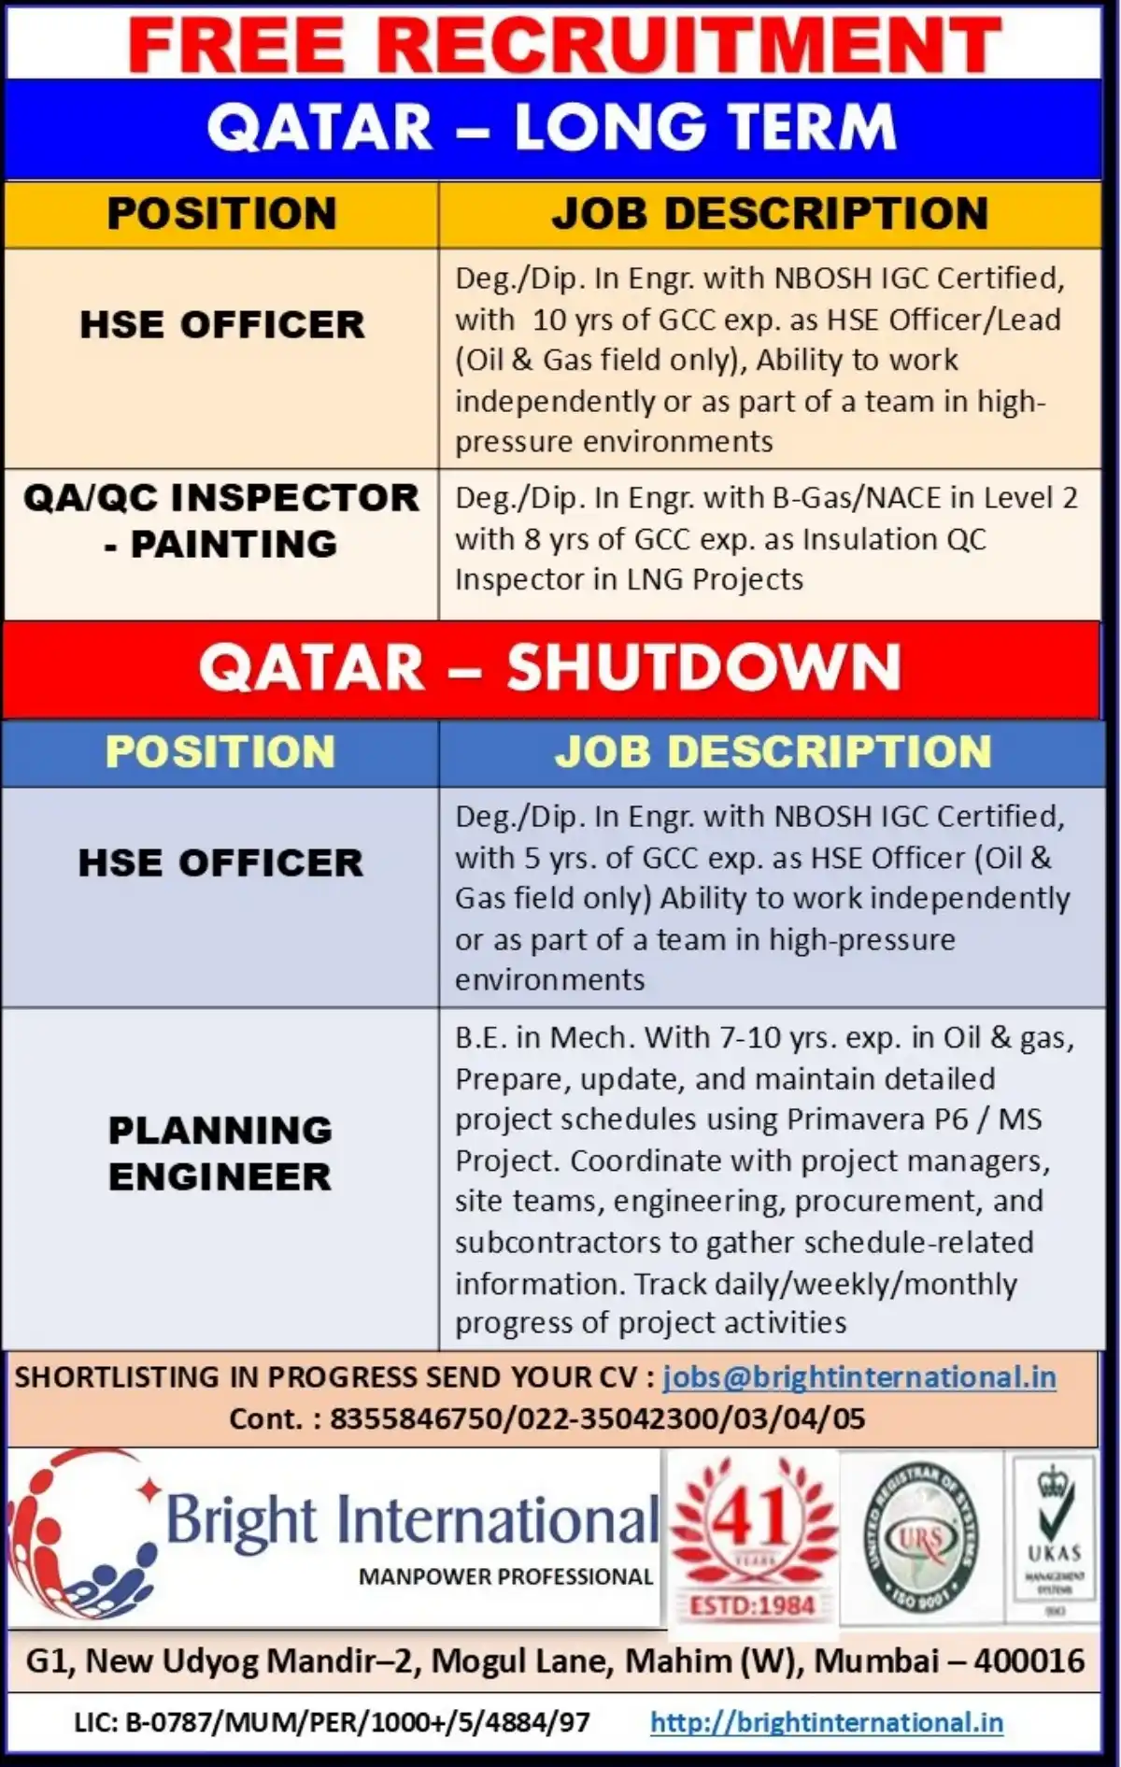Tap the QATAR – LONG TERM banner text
coord(551,128)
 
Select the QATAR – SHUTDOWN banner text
coord(550,667)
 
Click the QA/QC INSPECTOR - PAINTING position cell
coord(221,520)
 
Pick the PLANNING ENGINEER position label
coord(220,1153)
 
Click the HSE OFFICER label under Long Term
coord(221,324)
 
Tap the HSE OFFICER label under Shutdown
coord(220,862)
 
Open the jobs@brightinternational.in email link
coord(859,1376)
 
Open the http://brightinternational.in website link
coord(826,1721)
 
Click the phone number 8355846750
coord(416,1418)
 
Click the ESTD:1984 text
coord(752,1605)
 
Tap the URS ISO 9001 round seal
coord(920,1540)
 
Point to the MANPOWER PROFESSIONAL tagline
coord(505,1576)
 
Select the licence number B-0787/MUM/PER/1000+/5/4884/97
coord(356,1721)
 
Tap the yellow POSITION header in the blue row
coord(220,751)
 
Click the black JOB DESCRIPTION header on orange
coord(770,213)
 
